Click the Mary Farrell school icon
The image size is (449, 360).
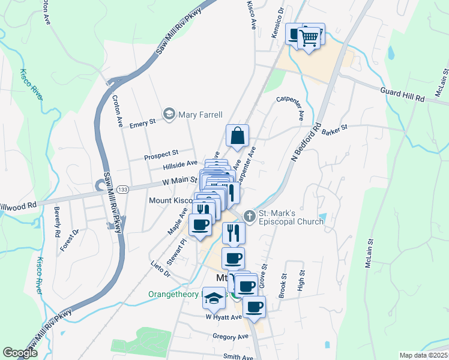click(169, 114)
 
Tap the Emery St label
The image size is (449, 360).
click(143, 122)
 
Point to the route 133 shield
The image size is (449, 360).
click(121, 190)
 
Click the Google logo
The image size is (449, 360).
click(20, 353)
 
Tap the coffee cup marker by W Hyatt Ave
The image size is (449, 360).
click(254, 307)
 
